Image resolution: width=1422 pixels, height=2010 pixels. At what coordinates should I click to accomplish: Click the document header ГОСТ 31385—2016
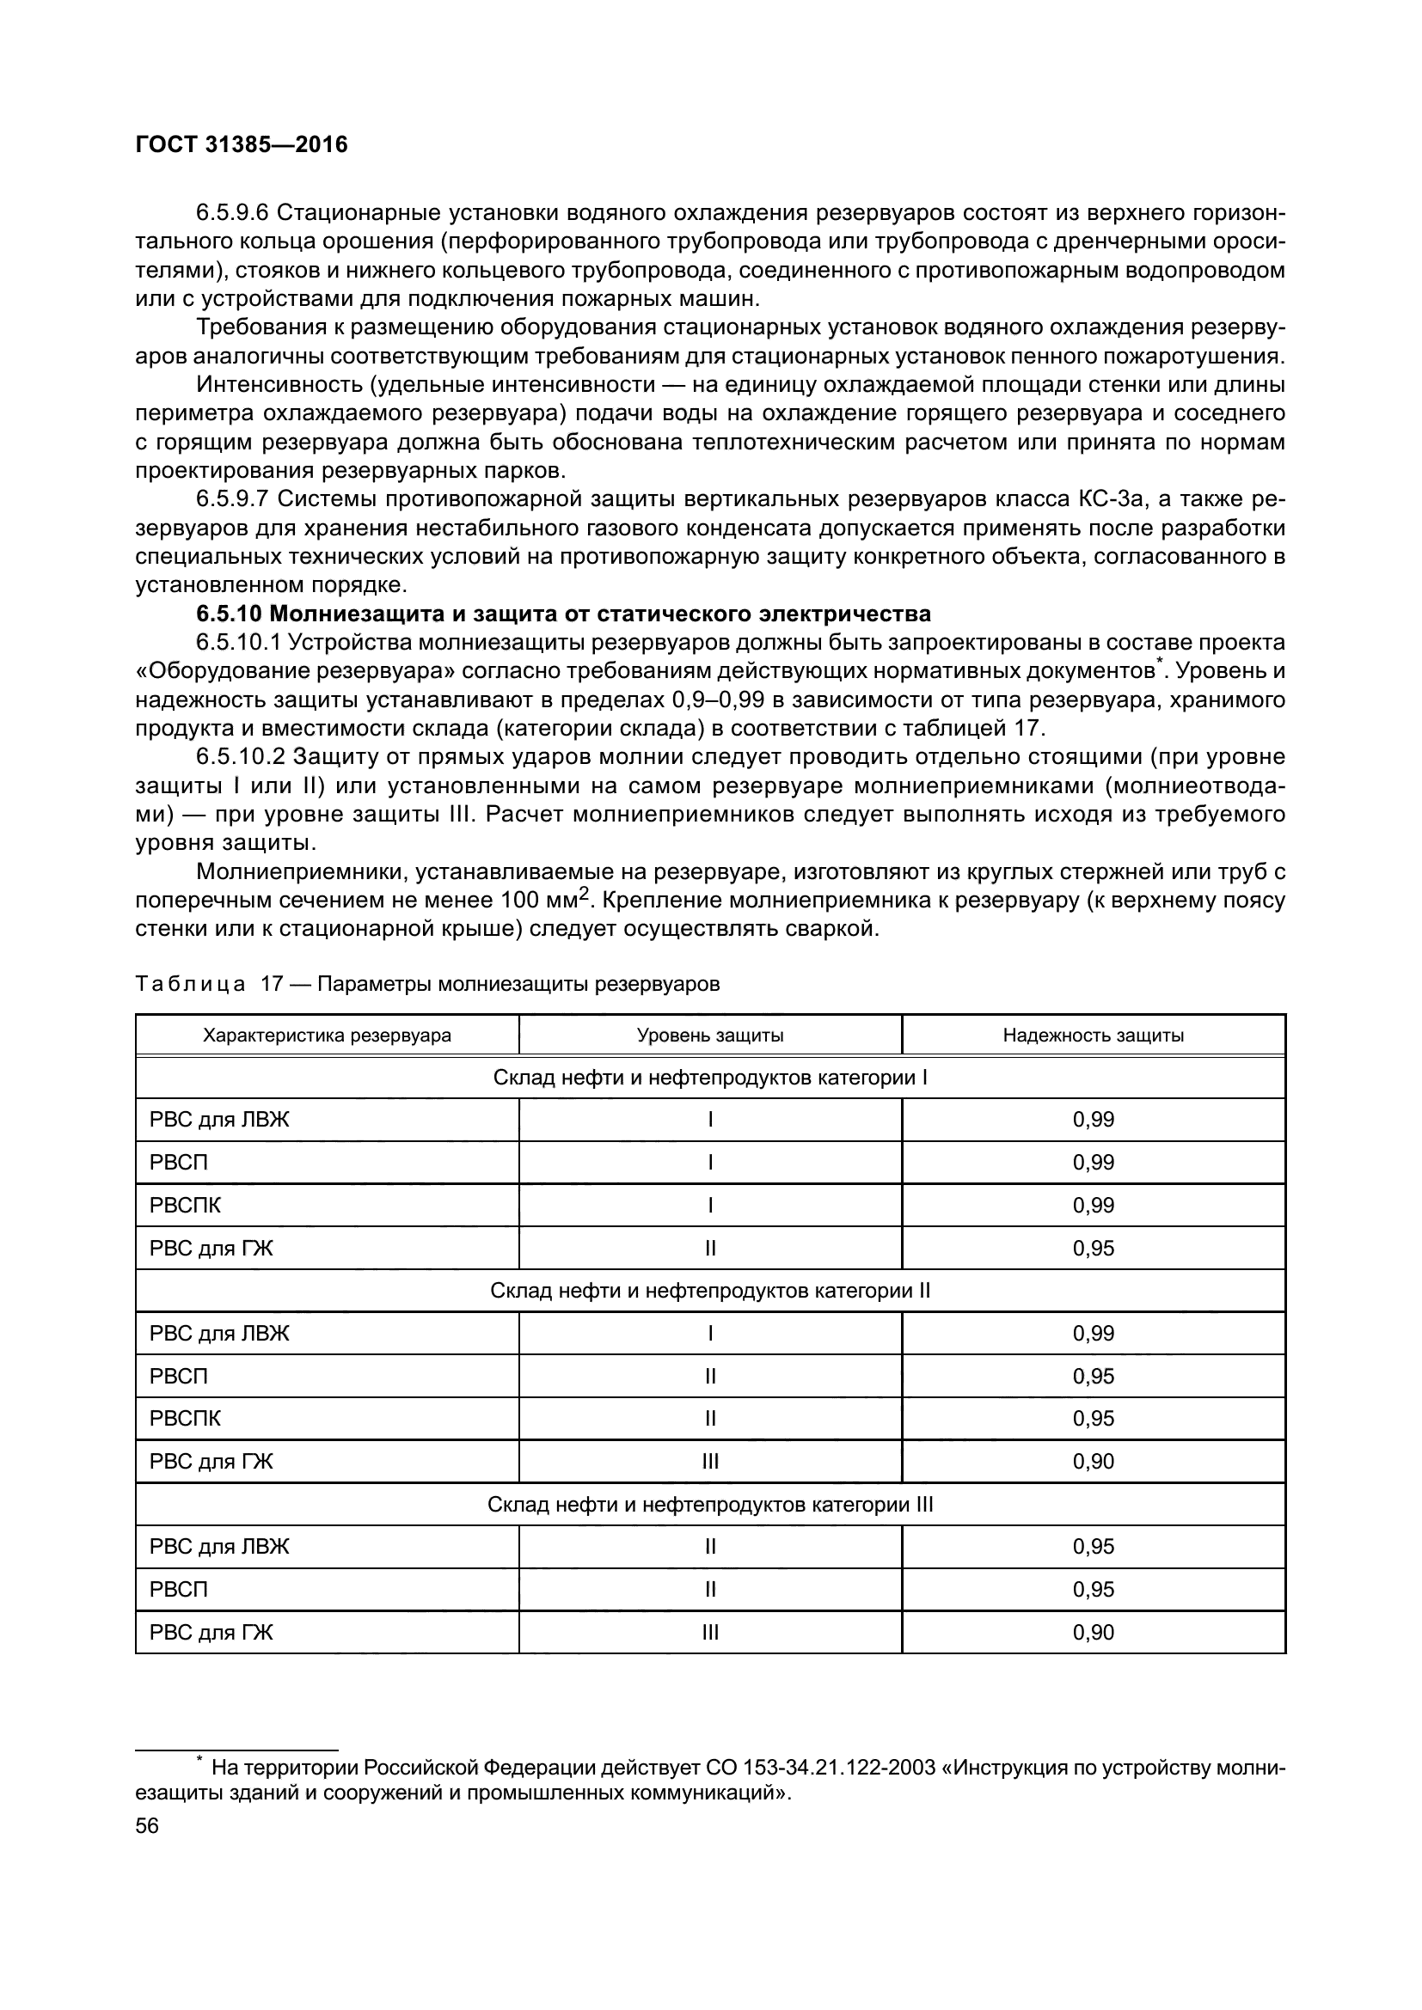click(x=242, y=145)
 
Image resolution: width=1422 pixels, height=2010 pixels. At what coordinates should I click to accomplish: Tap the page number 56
click(x=147, y=1825)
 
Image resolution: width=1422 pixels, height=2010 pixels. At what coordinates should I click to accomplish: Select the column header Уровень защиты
click(x=709, y=1036)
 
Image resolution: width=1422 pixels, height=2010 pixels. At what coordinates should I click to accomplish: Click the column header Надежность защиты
click(x=1093, y=1036)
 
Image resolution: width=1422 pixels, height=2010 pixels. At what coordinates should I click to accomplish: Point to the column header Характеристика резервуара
click(x=327, y=1036)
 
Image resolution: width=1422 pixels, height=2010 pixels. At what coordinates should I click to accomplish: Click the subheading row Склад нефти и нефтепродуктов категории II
click(x=709, y=1291)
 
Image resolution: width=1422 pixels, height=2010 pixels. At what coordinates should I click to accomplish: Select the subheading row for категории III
click(x=709, y=1504)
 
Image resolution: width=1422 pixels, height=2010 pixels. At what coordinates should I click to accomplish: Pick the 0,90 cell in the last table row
click(x=1093, y=1633)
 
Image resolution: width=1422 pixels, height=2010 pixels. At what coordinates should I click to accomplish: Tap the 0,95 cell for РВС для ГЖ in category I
click(x=1093, y=1249)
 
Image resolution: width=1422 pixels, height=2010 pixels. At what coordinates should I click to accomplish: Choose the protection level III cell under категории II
click(x=709, y=1461)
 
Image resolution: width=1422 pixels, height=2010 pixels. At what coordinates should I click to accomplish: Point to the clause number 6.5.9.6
click(x=232, y=213)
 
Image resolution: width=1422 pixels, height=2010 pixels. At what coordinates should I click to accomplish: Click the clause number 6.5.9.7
click(x=232, y=499)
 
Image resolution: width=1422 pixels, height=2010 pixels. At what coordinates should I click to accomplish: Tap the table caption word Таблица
click(x=190, y=984)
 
